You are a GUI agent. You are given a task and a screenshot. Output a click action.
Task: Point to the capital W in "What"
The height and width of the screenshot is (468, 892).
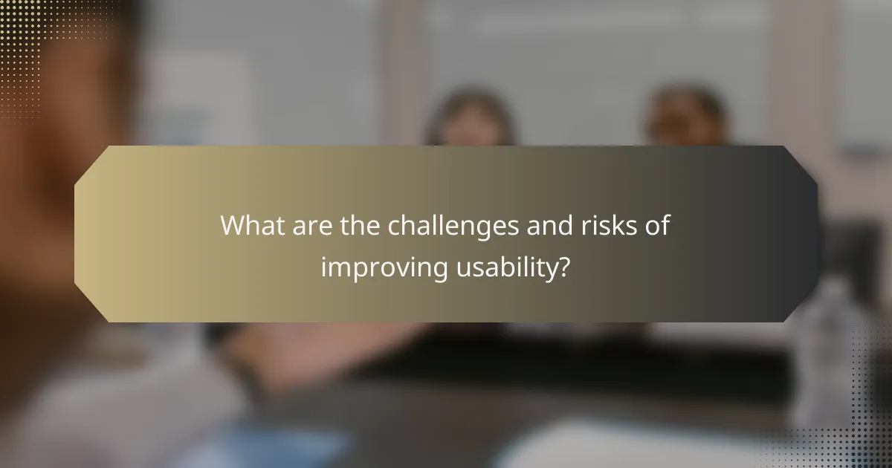(x=233, y=226)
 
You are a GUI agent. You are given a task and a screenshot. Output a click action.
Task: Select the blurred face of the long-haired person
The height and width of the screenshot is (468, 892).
(x=471, y=123)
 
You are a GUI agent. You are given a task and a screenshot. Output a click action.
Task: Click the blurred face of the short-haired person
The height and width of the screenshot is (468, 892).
(x=685, y=119)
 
